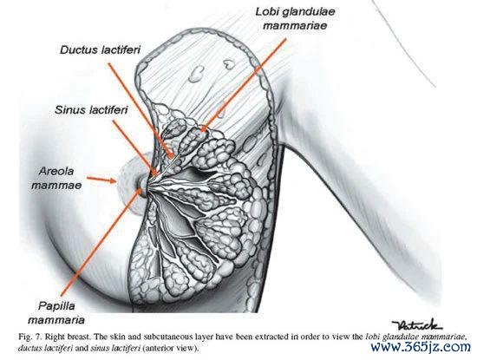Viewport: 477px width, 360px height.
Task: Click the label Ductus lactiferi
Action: pyautogui.click(x=100, y=50)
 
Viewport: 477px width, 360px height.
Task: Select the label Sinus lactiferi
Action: pyautogui.click(x=91, y=110)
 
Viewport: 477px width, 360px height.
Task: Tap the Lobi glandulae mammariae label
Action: pyautogui.click(x=295, y=18)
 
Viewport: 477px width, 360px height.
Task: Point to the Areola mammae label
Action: pyautogui.click(x=56, y=178)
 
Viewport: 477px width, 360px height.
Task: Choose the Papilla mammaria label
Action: pyautogui.click(x=56, y=313)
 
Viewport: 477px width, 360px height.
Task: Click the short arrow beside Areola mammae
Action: pyautogui.click(x=101, y=180)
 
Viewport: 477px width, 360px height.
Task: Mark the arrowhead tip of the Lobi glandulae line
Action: pyautogui.click(x=202, y=131)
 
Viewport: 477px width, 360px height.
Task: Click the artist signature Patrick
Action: pyautogui.click(x=417, y=325)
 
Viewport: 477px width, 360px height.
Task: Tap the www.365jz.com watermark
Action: pyautogui.click(x=421, y=347)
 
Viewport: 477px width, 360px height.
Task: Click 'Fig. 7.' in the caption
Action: pyautogui.click(x=30, y=337)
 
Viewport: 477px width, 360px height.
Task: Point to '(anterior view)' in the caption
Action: pyautogui.click(x=170, y=348)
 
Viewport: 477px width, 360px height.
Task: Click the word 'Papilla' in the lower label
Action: pyautogui.click(x=56, y=306)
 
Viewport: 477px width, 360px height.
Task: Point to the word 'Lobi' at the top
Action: pyautogui.click(x=264, y=12)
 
